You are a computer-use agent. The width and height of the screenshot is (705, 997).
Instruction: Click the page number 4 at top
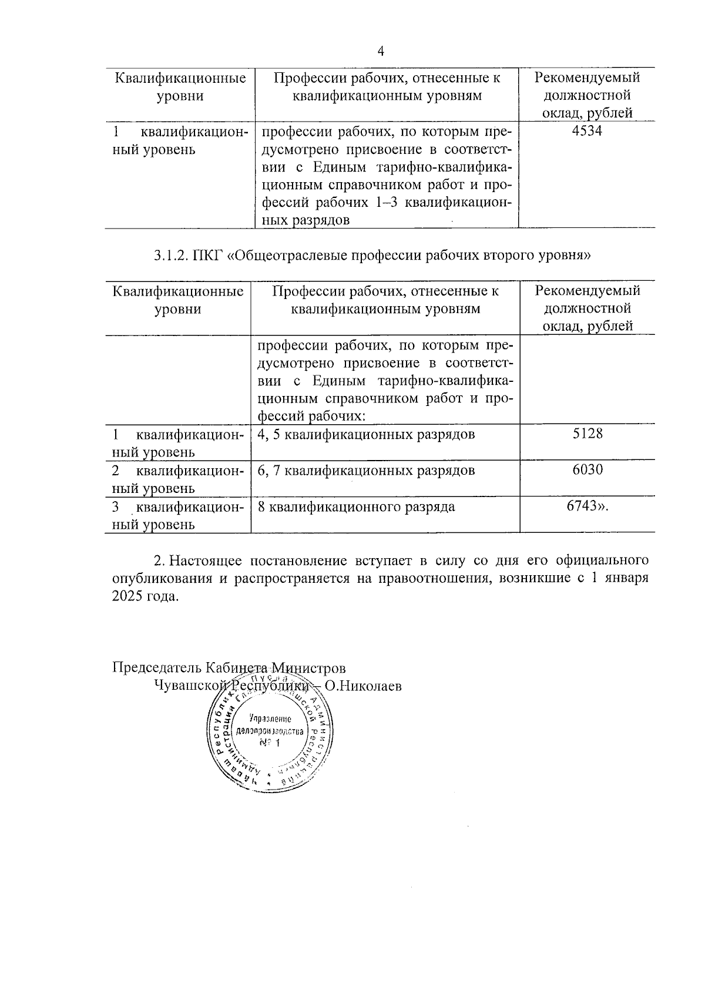(x=381, y=52)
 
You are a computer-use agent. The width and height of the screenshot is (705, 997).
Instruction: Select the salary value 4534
(x=586, y=131)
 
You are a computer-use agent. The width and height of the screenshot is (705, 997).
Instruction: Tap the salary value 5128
(x=587, y=434)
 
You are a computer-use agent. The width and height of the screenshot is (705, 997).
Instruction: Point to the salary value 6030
(x=587, y=469)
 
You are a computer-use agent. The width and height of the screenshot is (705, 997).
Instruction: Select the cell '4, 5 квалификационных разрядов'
(x=366, y=435)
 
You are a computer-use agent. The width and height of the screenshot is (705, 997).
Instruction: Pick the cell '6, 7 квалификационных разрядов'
(x=366, y=471)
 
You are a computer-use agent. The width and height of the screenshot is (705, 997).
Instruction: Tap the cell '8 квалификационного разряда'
(x=356, y=506)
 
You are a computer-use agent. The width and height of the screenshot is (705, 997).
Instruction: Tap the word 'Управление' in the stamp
(x=270, y=719)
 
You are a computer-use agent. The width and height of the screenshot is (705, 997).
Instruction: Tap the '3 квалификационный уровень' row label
(x=177, y=515)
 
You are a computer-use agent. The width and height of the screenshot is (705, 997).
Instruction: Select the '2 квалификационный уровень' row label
(x=177, y=479)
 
